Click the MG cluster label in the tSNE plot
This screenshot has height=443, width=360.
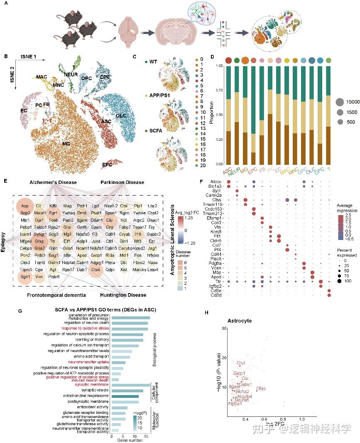[x=66, y=132]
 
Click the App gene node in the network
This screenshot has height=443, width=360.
[x=25, y=206]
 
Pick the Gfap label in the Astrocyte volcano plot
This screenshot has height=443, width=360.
[x=261, y=389]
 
